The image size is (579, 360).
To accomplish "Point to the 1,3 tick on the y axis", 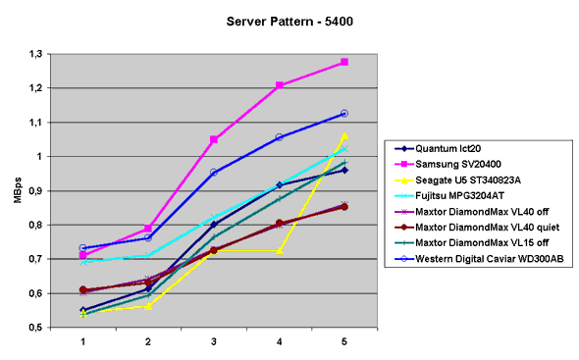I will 45,53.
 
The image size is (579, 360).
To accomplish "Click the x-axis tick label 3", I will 213,341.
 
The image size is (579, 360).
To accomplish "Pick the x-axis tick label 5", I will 343,341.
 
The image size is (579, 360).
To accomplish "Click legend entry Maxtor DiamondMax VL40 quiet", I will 487,230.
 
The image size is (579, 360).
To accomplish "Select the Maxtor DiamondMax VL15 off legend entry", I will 481,246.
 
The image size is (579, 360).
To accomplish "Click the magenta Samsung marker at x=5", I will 343,62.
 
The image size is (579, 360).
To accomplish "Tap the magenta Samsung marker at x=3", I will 213,139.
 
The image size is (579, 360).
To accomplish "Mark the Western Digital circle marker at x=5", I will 343,114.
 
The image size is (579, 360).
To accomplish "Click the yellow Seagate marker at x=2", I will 148,306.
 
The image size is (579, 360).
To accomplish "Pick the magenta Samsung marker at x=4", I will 279,85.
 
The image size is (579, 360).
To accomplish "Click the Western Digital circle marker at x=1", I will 83,248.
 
